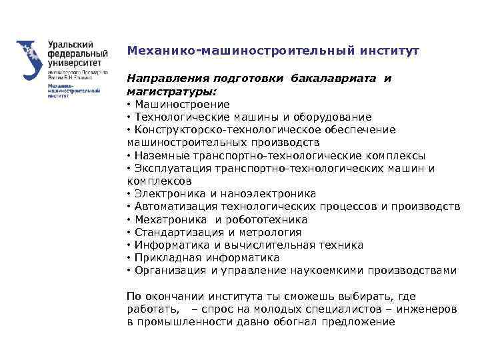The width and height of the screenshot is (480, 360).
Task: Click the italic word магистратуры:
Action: point(172,91)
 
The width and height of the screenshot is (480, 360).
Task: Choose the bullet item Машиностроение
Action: point(182,105)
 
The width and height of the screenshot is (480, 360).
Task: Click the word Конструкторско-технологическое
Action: point(217,130)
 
